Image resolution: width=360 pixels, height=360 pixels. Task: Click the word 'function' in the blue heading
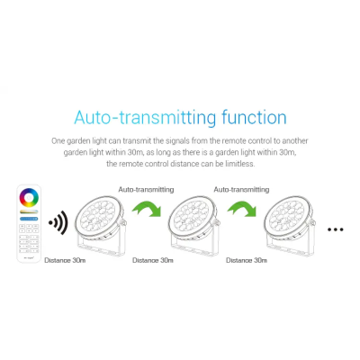coord(254,117)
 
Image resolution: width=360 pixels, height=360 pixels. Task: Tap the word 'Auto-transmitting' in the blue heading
coord(145,118)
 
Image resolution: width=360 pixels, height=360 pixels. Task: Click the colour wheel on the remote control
coord(29,198)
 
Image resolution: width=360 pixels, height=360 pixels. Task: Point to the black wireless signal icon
coord(58,222)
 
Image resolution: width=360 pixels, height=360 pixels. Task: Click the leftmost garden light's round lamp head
coord(99,219)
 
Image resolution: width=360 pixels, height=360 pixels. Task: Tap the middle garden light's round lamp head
coord(193,219)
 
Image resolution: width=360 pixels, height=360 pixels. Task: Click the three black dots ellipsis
coord(336,229)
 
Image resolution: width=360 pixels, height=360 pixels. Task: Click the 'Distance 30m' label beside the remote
coord(65,260)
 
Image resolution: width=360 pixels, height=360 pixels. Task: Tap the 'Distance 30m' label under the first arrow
coord(153,260)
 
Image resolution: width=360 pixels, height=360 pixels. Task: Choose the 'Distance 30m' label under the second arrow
coord(247,260)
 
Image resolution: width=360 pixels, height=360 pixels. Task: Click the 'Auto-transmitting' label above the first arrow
coord(146,190)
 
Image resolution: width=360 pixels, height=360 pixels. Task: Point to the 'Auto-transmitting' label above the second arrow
coord(241,190)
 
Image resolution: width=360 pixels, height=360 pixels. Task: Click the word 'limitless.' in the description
coord(240,164)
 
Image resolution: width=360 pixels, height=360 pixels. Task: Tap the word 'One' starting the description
coord(58,140)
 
